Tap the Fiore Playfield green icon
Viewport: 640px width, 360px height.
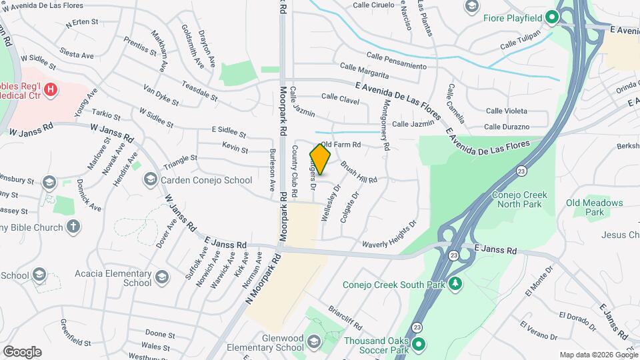tap(552, 18)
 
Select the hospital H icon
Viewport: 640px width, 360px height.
tap(49, 89)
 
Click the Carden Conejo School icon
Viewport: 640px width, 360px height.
tap(150, 180)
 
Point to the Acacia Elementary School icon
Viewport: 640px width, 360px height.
tap(161, 277)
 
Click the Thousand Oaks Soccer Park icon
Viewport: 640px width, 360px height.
tap(418, 345)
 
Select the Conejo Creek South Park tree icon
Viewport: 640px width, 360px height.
tap(456, 284)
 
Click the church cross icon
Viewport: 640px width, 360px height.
tap(73, 227)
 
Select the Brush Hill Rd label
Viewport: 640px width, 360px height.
tap(359, 171)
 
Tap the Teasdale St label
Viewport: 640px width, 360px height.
tap(199, 92)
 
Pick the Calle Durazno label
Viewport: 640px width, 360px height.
tap(507, 127)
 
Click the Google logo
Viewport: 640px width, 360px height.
tap(22, 351)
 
